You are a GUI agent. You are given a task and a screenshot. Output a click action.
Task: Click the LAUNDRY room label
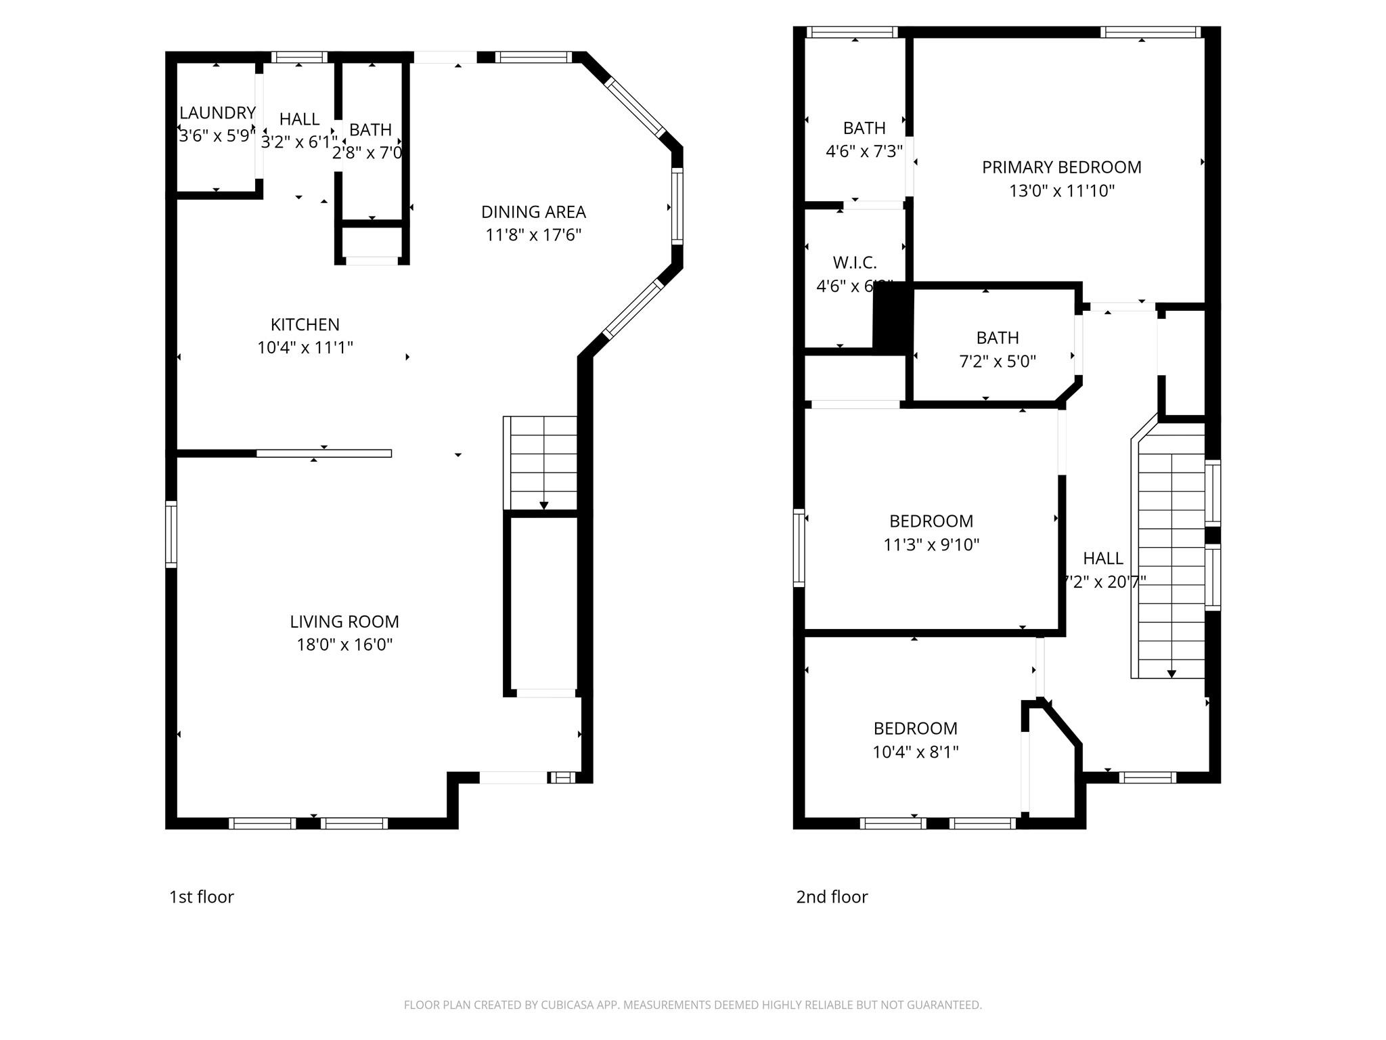217,113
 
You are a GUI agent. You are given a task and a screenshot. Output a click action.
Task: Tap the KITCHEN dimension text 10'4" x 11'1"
305,348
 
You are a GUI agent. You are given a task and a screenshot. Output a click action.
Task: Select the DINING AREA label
533,212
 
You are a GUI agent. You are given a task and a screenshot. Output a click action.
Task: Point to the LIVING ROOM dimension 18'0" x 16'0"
344,645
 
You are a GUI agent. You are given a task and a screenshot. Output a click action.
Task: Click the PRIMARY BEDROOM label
1061,167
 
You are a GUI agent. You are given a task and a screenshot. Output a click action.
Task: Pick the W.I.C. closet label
855,263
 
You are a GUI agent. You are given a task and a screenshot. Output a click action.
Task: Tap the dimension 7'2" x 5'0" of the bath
998,362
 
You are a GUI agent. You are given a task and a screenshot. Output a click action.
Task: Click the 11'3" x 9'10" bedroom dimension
931,545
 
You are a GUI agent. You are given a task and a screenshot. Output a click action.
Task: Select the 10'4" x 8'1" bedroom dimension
915,752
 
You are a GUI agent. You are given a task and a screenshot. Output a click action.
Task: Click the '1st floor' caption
201,897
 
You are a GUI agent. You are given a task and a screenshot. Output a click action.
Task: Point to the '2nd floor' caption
832,897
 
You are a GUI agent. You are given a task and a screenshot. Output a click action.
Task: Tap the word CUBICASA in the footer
567,1005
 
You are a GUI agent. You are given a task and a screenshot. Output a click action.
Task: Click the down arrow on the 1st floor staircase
543,505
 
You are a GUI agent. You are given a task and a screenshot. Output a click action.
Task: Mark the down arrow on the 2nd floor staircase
1171,674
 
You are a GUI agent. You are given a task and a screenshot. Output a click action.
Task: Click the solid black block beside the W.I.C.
892,317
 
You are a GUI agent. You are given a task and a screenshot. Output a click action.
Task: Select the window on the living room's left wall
171,534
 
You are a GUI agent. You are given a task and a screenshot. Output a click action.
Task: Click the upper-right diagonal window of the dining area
635,106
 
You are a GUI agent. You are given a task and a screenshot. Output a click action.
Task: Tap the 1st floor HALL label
299,119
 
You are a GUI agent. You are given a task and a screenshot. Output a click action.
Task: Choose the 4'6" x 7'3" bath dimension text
864,152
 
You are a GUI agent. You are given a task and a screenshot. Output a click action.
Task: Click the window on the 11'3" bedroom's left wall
799,548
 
